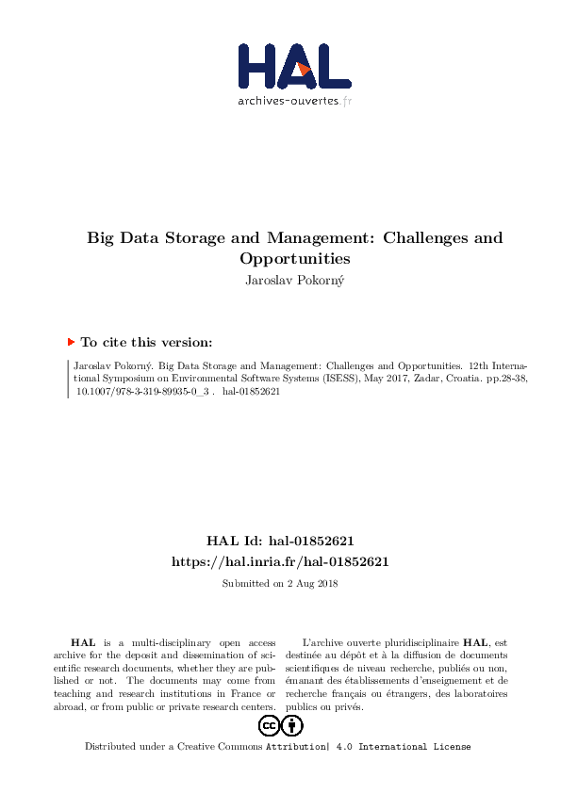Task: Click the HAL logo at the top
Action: pyautogui.click(x=294, y=67)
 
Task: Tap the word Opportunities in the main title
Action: pyautogui.click(x=295, y=257)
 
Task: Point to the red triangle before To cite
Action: pyautogui.click(x=71, y=343)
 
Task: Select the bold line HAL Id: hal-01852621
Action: pyautogui.click(x=280, y=542)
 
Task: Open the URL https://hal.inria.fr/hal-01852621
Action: pyautogui.click(x=280, y=561)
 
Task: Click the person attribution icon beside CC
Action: pyautogui.click(x=292, y=725)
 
